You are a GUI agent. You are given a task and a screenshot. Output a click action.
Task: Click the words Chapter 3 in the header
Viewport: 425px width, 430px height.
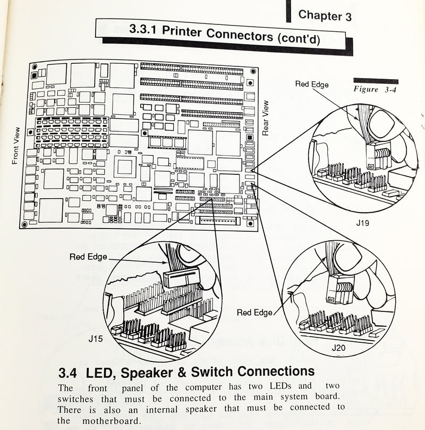325,16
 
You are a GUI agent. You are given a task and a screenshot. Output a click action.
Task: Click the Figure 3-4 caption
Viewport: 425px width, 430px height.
375,90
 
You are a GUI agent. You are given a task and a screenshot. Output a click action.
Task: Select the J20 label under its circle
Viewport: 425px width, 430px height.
338,348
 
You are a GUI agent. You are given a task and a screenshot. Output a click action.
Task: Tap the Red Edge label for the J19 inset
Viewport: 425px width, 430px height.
312,84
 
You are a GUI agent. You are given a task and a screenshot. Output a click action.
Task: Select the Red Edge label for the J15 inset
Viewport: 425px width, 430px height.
88,257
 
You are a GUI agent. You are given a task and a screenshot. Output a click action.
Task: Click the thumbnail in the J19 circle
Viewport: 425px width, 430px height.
381,123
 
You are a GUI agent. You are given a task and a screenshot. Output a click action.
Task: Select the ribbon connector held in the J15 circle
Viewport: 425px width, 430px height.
181,277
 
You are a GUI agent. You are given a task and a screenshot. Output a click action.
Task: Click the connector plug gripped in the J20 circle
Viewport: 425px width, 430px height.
338,289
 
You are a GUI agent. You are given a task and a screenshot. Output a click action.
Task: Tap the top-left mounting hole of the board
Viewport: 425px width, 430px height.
35,68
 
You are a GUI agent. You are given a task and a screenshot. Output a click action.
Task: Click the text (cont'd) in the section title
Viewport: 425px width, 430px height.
298,38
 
